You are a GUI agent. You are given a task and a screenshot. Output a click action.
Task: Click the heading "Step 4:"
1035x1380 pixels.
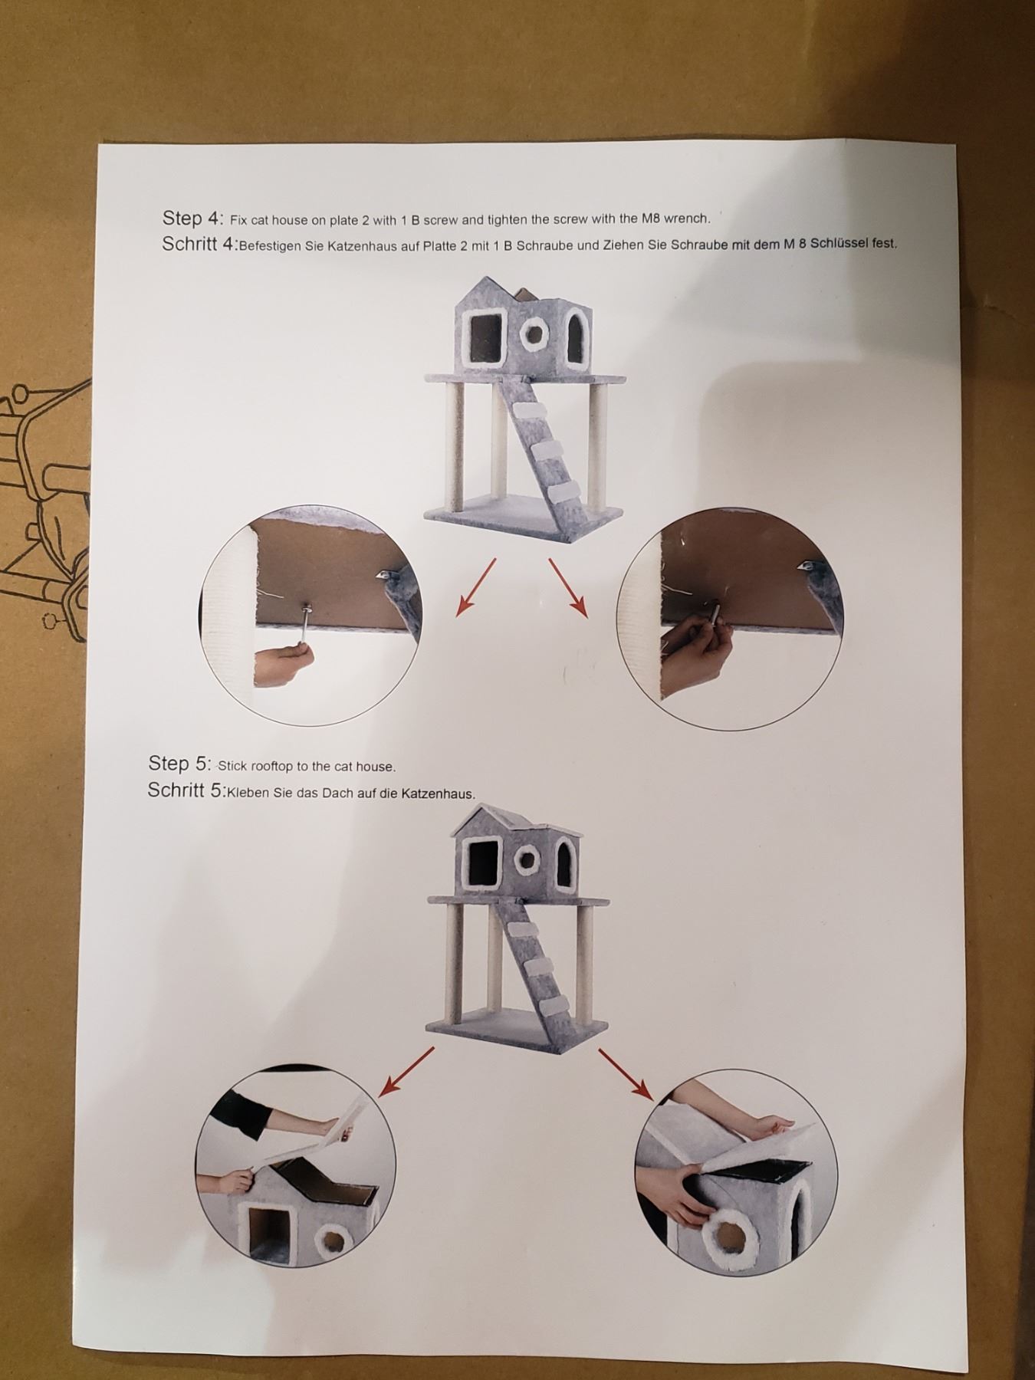192,218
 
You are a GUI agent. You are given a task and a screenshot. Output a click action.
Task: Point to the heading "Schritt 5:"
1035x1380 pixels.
186,790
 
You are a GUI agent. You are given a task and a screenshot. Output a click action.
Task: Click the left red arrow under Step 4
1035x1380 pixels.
476,586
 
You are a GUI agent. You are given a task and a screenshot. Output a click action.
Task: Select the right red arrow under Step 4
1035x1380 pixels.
568,587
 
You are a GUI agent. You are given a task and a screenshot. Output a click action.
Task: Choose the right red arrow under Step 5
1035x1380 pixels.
626,1075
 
